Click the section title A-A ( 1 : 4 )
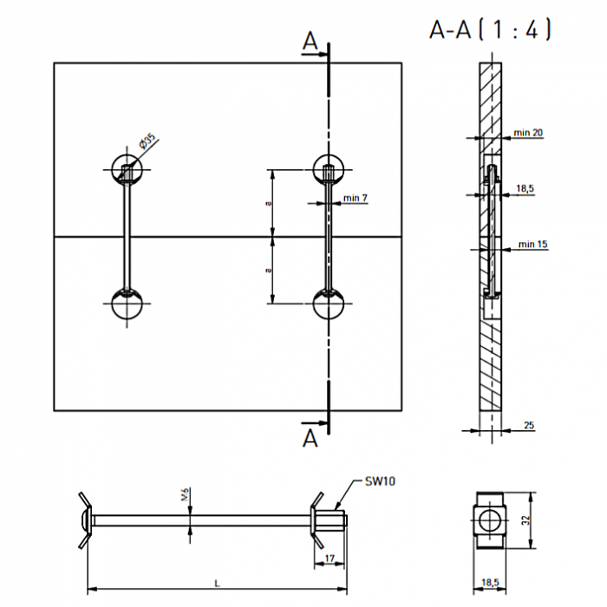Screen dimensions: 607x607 tap(490, 29)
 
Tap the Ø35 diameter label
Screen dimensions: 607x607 tap(147, 141)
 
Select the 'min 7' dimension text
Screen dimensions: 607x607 tap(356, 198)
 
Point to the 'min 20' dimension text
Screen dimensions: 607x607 tap(528, 133)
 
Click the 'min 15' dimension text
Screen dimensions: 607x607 tap(533, 244)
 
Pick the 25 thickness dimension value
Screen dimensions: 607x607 tap(529, 425)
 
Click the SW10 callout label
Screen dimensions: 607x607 tap(380, 481)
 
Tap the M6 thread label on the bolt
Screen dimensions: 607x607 tap(185, 494)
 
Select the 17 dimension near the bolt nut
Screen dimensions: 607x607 tap(330, 558)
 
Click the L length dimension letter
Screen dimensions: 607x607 tap(217, 583)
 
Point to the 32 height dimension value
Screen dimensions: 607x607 tap(525, 520)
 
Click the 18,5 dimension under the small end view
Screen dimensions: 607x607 tap(490, 582)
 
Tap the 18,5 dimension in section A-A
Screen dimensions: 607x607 tap(525, 188)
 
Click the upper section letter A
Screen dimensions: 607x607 tap(310, 42)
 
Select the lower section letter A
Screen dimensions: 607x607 tap(310, 438)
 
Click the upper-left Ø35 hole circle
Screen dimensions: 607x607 tap(112, 170)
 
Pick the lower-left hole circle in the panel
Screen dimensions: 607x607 tap(112, 303)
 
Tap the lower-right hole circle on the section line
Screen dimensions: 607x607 tap(313, 303)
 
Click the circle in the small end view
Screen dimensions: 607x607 tap(480, 520)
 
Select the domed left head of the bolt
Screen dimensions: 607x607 tap(86, 520)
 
